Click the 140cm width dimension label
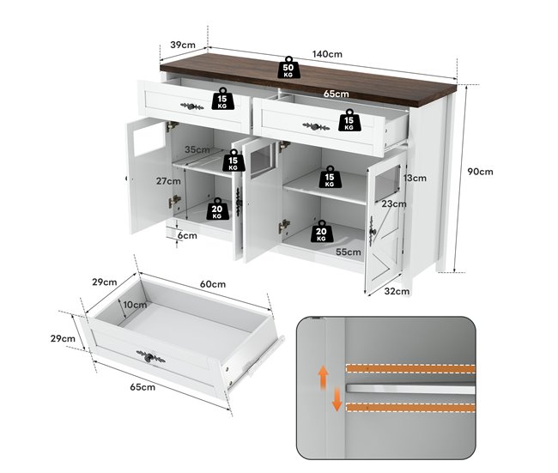click(327, 54)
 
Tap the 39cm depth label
click(183, 45)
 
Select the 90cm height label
click(481, 172)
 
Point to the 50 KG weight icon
click(288, 67)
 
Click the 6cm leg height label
click(187, 235)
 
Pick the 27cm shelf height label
click(168, 181)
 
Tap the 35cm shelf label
click(197, 149)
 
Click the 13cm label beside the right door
click(415, 178)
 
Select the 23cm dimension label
click(394, 204)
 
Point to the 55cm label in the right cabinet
click(349, 252)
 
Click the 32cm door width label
click(397, 292)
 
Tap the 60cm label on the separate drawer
click(213, 284)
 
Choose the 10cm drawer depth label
click(136, 305)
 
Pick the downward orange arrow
click(337, 400)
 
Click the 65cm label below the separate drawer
click(143, 387)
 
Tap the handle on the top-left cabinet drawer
click(192, 106)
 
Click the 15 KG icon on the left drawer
click(223, 98)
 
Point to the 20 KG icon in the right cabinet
click(321, 231)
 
